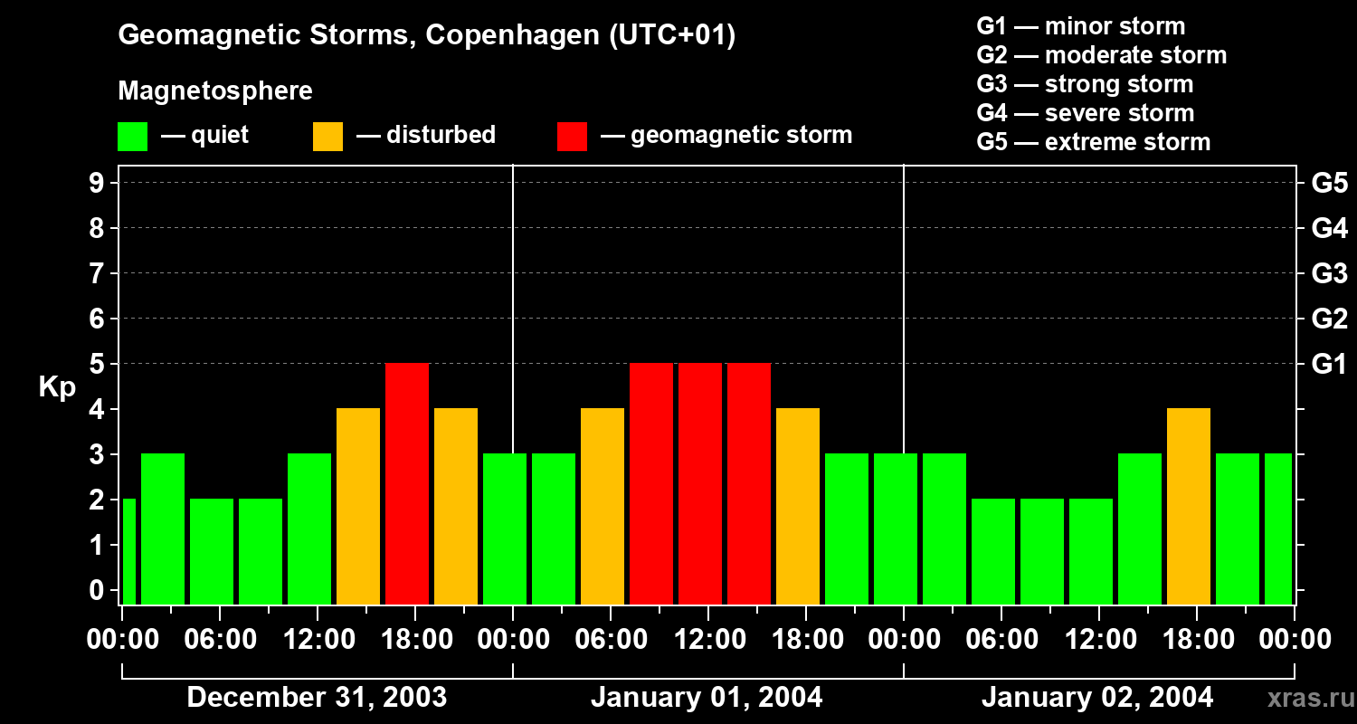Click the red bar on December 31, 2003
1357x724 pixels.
[x=407, y=484]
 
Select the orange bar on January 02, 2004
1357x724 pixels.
[x=1189, y=507]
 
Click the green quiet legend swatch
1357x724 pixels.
[x=132, y=137]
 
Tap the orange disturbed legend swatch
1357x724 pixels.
[x=327, y=137]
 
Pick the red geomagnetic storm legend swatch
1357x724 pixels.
[x=572, y=137]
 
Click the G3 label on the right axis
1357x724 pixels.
[x=1329, y=273]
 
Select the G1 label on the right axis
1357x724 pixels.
[x=1329, y=364]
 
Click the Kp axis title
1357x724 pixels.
[x=56, y=387]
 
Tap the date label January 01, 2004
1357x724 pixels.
[x=707, y=698]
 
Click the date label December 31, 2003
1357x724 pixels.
[x=317, y=698]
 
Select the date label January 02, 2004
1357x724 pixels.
[x=1097, y=698]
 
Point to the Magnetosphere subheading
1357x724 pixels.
[x=215, y=91]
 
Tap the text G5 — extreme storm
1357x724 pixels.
[x=1093, y=142]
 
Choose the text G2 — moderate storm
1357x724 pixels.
[x=1101, y=55]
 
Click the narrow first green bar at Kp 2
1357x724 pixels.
[x=128, y=551]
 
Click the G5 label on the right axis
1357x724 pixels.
[x=1329, y=184]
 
